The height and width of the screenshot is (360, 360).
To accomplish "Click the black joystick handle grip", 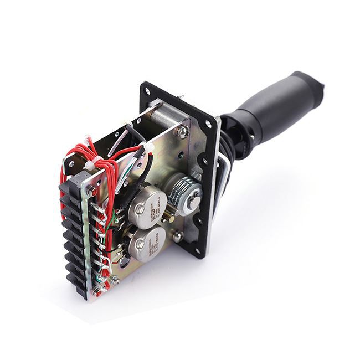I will [277, 108].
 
